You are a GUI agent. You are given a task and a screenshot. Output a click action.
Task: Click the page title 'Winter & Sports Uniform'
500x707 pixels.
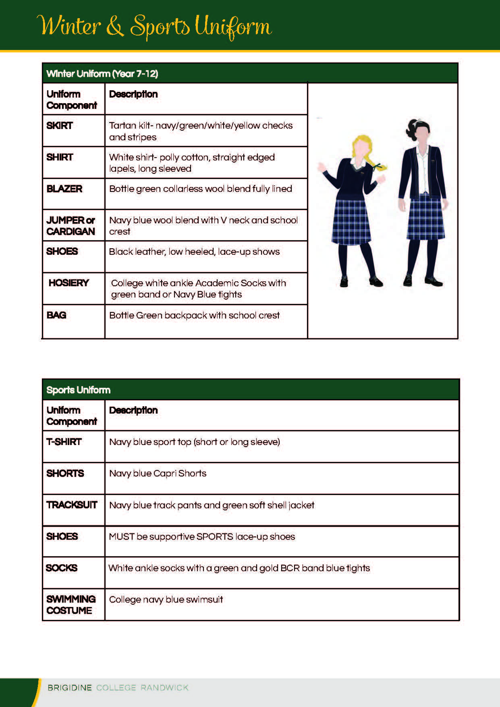[154, 27]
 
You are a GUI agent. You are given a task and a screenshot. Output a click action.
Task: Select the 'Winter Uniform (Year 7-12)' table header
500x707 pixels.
[102, 74]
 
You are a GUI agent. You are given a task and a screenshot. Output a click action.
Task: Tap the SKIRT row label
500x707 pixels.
[60, 125]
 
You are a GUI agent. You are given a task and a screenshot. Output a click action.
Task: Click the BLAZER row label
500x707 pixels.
[64, 189]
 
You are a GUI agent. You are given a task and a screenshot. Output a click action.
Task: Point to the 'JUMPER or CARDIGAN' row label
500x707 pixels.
[71, 226]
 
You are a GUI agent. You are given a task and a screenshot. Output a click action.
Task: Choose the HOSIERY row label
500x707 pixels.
[68, 283]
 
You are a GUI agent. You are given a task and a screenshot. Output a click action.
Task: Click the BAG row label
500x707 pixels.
[56, 315]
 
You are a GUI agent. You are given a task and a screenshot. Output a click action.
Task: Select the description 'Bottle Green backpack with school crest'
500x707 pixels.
[194, 315]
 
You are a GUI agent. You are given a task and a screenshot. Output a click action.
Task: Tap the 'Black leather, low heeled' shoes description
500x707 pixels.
[194, 252]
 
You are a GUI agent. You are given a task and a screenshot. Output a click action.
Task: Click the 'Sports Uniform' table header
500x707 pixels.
[78, 390]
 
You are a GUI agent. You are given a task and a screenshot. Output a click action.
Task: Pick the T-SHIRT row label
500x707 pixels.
[64, 442]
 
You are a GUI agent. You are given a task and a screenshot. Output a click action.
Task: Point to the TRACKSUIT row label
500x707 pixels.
[72, 505]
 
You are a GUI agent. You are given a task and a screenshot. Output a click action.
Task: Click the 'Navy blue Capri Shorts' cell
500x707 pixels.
[158, 473]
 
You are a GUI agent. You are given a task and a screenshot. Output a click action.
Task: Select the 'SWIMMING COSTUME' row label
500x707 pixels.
[71, 605]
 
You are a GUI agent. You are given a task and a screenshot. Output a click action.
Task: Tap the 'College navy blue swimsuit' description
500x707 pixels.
[166, 599]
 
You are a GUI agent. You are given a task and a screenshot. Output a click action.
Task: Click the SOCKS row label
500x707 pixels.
[62, 568]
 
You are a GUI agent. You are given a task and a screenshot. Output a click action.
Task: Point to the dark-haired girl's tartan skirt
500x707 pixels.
[426, 218]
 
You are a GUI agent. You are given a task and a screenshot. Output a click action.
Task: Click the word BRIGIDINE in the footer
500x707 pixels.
[70, 688]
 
